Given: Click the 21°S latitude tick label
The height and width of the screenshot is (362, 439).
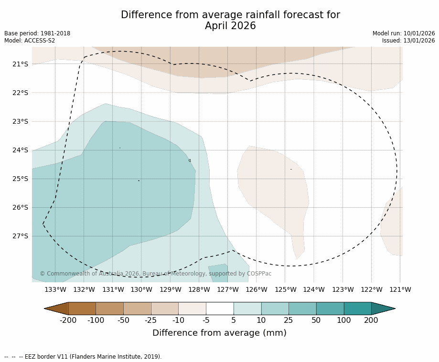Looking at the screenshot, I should click(20, 64).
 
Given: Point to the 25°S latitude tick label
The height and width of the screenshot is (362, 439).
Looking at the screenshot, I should click(20, 179).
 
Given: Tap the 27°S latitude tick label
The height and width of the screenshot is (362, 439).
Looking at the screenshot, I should click(20, 236).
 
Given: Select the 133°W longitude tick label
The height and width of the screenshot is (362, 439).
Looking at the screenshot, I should click(55, 289).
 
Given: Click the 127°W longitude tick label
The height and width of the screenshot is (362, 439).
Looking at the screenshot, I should click(228, 289).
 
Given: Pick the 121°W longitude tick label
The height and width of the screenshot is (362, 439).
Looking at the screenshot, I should click(400, 289).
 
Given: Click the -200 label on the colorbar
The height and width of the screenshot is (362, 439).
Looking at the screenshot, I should click(68, 320).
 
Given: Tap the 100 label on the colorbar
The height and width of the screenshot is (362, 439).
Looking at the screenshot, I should click(343, 320).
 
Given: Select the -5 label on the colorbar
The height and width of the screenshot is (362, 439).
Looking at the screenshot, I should click(206, 320).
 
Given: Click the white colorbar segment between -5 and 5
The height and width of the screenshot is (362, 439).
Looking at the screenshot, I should click(220, 309).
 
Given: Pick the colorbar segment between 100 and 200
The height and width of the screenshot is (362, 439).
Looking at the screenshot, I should click(357, 309).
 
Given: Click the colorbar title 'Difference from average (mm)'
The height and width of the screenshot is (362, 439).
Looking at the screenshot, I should click(219, 333).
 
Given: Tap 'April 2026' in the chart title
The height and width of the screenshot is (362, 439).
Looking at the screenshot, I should click(230, 26).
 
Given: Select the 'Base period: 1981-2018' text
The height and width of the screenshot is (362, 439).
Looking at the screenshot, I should click(37, 33).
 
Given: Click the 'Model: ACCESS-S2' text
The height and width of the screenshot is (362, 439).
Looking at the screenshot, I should click(30, 41).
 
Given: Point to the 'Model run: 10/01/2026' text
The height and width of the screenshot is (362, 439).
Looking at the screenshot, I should click(404, 33).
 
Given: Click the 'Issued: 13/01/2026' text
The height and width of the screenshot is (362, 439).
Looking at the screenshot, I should click(408, 41).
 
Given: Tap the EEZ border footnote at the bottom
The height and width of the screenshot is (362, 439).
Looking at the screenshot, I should click(83, 357).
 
